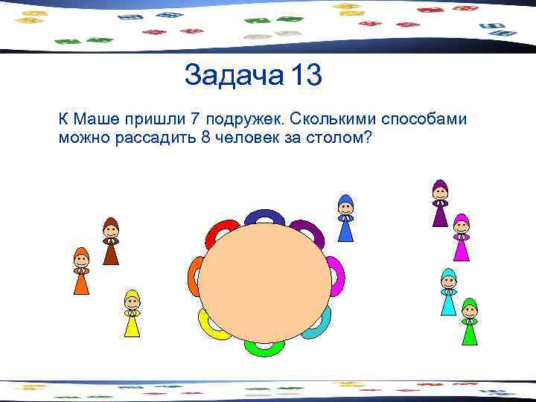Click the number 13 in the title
tap(307, 75)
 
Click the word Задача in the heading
tap(233, 75)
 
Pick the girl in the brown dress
tap(111, 241)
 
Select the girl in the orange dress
tap(81, 271)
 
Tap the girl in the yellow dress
tap(132, 313)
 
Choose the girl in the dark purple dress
tap(440, 202)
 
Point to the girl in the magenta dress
tap(462, 237)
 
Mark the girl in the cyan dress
tap(448, 292)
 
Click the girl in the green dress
tap(469, 322)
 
